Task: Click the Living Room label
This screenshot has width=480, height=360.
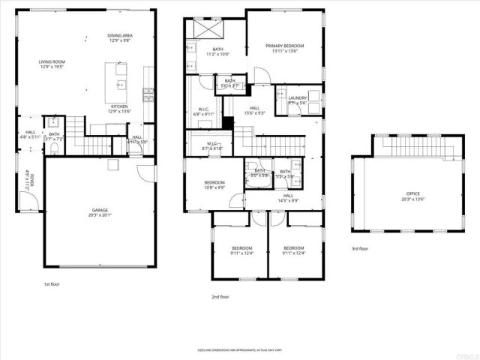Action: [52, 64]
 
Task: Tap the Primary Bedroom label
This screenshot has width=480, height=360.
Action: [282, 48]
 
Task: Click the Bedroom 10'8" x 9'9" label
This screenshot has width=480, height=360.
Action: [215, 184]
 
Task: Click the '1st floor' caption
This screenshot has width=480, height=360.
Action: [52, 285]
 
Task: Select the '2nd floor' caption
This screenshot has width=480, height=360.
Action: [220, 297]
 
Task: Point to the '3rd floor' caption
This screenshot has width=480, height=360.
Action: [360, 248]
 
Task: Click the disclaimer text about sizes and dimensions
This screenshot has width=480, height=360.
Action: [240, 349]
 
